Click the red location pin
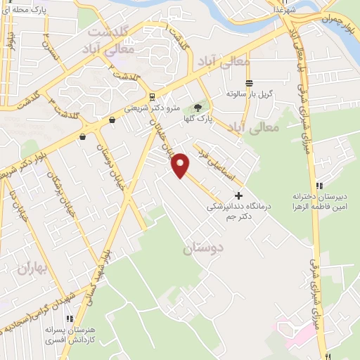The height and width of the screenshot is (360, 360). (x=181, y=165)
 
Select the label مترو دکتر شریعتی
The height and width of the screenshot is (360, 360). (x=153, y=108)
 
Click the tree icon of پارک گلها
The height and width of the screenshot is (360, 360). (x=198, y=107)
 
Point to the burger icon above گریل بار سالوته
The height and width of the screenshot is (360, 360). (x=249, y=83)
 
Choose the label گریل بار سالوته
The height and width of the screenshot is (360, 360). (x=249, y=94)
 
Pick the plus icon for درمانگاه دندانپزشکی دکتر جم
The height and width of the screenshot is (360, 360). (x=238, y=195)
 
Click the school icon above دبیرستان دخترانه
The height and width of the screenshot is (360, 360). (x=319, y=186)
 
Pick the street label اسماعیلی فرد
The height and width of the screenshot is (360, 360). (x=215, y=163)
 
